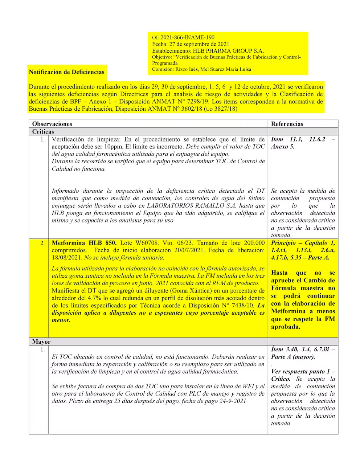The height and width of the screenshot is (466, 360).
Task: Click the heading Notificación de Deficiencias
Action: (x=66, y=72)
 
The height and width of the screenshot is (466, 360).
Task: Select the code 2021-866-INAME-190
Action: (x=187, y=37)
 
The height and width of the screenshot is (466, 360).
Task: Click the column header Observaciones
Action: (x=52, y=124)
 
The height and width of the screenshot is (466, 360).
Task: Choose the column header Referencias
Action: (x=287, y=124)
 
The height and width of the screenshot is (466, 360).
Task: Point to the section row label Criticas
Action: (x=43, y=131)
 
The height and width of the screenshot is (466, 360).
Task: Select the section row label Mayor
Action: (x=41, y=342)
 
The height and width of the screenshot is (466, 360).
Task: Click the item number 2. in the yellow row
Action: (x=42, y=243)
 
